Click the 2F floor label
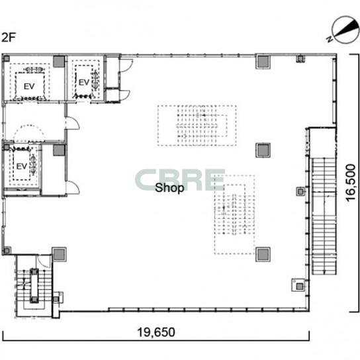(8, 37)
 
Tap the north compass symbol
(345, 30)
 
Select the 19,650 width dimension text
(156, 332)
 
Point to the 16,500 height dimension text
(351, 183)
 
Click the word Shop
(169, 188)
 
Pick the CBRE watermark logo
(180, 180)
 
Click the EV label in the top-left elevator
(29, 86)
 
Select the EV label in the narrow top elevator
(84, 82)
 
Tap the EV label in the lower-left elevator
(22, 166)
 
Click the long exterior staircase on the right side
(324, 216)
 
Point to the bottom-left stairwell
(34, 286)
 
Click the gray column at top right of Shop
(263, 62)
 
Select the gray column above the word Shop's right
(263, 150)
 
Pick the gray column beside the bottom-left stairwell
(60, 254)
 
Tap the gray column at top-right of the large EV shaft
(59, 62)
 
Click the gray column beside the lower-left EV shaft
(59, 150)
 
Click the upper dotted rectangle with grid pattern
(197, 125)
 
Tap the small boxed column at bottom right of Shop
(299, 285)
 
